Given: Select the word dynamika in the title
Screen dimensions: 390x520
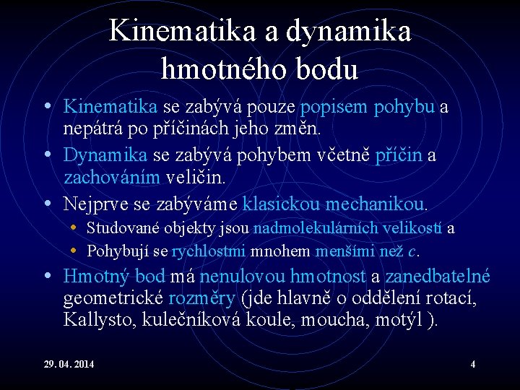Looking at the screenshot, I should pyautogui.click(x=349, y=31).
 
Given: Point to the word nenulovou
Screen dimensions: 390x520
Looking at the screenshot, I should pyautogui.click(x=243, y=276).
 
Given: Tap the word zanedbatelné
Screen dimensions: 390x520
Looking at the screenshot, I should pyautogui.click(x=438, y=276).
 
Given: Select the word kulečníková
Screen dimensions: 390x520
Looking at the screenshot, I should pyautogui.click(x=195, y=319).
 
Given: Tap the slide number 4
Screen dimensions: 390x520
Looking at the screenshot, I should pyautogui.click(x=472, y=364).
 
